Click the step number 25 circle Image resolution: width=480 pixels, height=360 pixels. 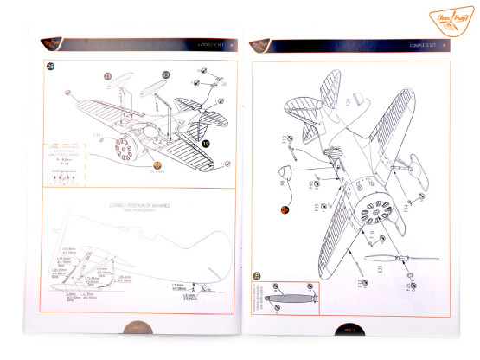pos(51,67)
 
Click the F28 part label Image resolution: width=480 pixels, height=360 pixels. pos(349,102)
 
